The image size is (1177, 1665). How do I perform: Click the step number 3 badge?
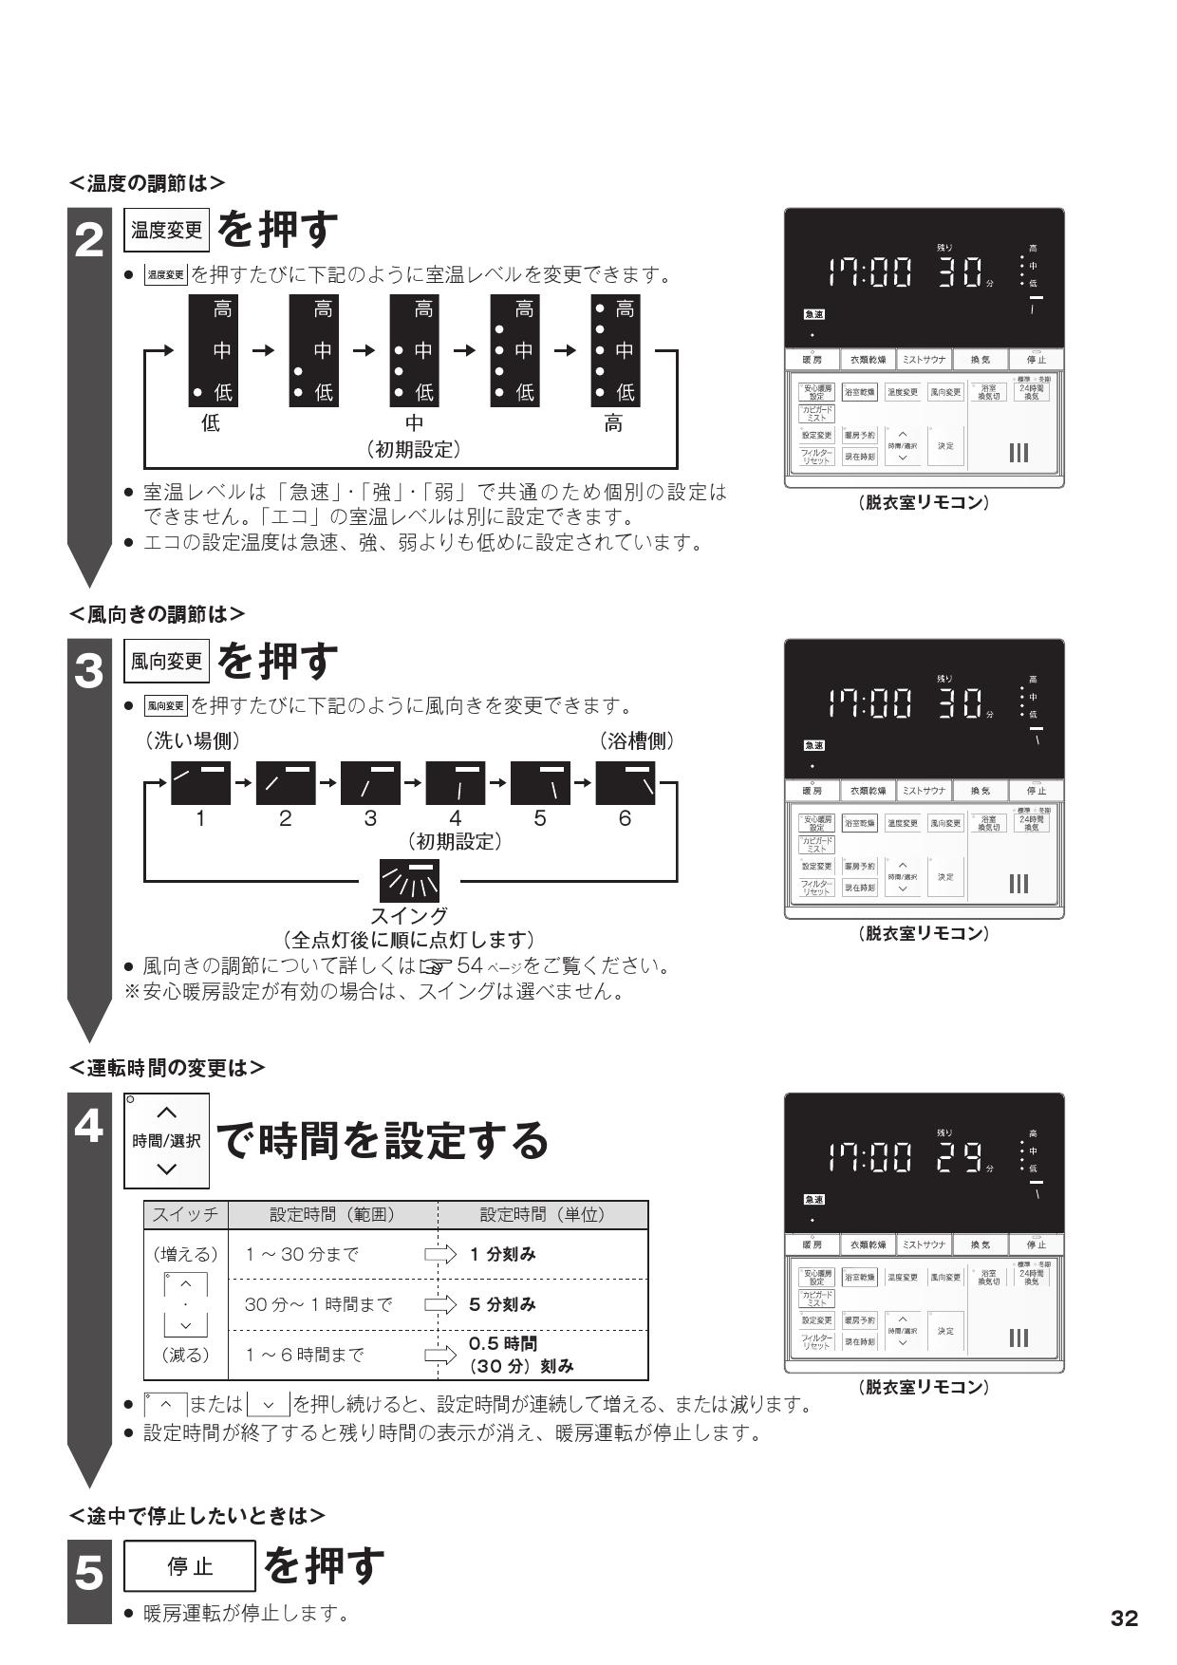pos(89,673)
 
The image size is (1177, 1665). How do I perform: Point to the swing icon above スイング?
pos(410,880)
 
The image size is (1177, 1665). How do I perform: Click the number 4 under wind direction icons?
pos(455,818)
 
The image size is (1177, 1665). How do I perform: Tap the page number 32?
pos(1124,1618)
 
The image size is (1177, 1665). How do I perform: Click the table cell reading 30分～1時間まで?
pos(319,1304)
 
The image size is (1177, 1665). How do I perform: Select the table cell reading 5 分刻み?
pos(503,1304)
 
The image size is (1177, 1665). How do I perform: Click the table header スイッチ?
pos(186,1214)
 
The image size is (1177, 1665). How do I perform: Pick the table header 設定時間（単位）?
pos(542,1214)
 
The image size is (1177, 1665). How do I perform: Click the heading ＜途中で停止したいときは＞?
pos(197,1515)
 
